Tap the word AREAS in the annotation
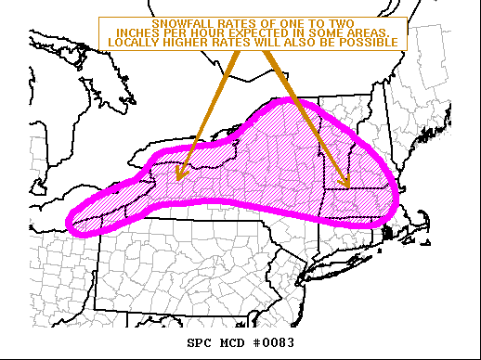point(364,33)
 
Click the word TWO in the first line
point(340,23)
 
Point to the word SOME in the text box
point(319,33)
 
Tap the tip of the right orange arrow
point(347,186)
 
